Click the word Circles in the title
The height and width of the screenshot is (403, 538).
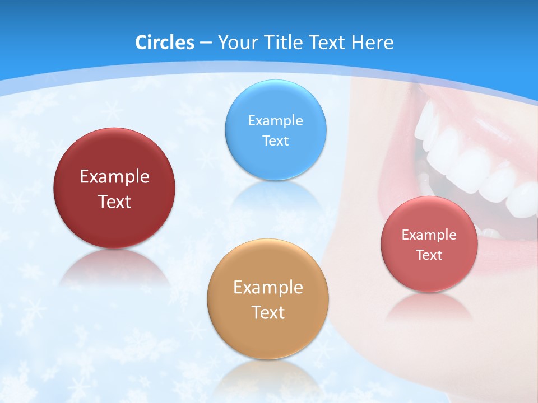pos(164,43)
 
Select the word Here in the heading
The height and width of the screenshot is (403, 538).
pos(373,43)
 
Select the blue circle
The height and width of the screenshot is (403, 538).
pos(275,160)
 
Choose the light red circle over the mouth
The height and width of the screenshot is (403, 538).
pos(429,274)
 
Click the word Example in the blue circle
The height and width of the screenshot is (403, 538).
pos(275,120)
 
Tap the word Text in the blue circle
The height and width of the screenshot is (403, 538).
pos(275,140)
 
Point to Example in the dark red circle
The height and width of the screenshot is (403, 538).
pos(114,177)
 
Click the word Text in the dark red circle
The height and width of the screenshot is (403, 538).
pos(114,201)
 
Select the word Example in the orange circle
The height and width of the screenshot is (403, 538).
pos(267,288)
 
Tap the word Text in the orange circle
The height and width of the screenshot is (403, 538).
pos(267,312)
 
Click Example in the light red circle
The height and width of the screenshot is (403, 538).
pos(429,235)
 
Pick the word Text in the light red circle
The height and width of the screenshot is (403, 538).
pos(429,255)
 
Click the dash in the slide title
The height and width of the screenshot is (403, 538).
pos(205,43)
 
